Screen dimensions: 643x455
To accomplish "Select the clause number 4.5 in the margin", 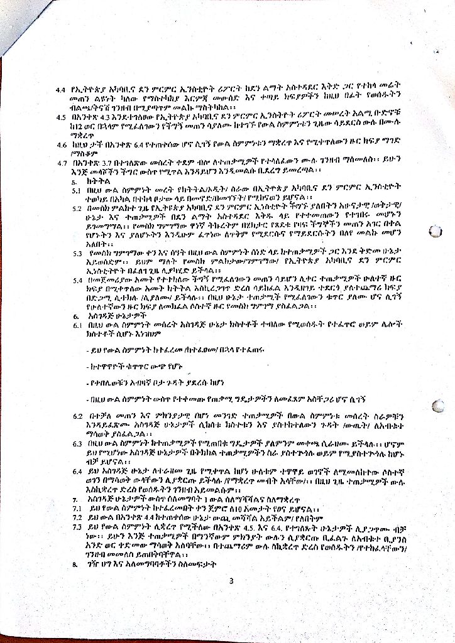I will [61, 117].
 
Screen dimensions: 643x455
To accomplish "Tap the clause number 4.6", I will [61, 144].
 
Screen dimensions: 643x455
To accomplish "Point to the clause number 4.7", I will [61, 163].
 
